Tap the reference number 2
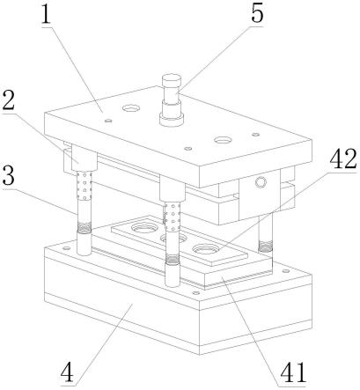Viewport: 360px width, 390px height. pos(8,100)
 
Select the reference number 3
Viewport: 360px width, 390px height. pos(9,176)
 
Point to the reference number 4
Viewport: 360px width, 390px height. pos(67,372)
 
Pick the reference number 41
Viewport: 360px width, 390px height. pos(293,372)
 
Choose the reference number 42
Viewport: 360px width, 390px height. pos(343,160)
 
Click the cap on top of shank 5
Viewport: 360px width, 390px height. pos(172,81)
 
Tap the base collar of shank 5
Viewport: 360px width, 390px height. pos(172,120)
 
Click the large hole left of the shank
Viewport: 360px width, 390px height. pos(131,108)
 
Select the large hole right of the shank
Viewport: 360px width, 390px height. pos(223,140)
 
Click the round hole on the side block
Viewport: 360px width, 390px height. pos(261,182)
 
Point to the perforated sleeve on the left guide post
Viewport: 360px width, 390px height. pos(84,186)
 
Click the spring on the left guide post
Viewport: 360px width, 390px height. pos(84,227)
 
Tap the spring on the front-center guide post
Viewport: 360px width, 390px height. pos(173,259)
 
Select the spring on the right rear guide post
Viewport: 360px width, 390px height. pos(266,247)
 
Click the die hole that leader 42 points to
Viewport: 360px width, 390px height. pos(205,249)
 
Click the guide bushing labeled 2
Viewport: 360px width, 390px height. pos(84,158)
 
